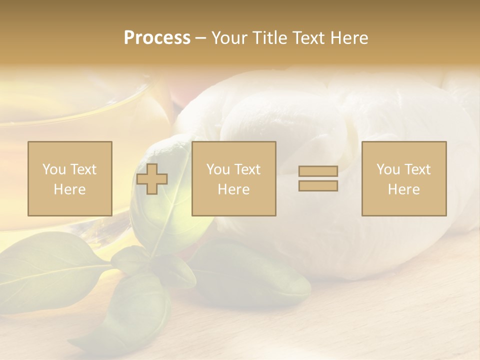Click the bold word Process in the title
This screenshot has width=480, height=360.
tap(157, 38)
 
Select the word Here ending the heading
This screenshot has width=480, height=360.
tap(349, 38)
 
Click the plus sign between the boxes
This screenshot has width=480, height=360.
tap(152, 179)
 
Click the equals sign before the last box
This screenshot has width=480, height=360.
tap(318, 178)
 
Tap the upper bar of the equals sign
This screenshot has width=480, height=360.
tap(318, 171)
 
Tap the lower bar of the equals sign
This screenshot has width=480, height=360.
tap(318, 186)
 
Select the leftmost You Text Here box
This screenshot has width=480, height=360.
tap(70, 178)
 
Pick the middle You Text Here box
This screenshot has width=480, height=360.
tap(234, 178)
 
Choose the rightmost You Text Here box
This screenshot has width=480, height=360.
tap(404, 178)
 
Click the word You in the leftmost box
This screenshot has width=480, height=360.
tap(53, 169)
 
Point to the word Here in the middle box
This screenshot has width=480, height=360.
tap(234, 189)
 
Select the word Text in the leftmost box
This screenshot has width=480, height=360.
tap(82, 169)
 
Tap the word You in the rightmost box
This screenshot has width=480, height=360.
tap(387, 169)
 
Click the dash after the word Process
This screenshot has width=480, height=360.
tap(201, 38)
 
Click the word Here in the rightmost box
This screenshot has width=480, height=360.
tap(404, 189)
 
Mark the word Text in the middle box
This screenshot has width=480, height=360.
tap(247, 169)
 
